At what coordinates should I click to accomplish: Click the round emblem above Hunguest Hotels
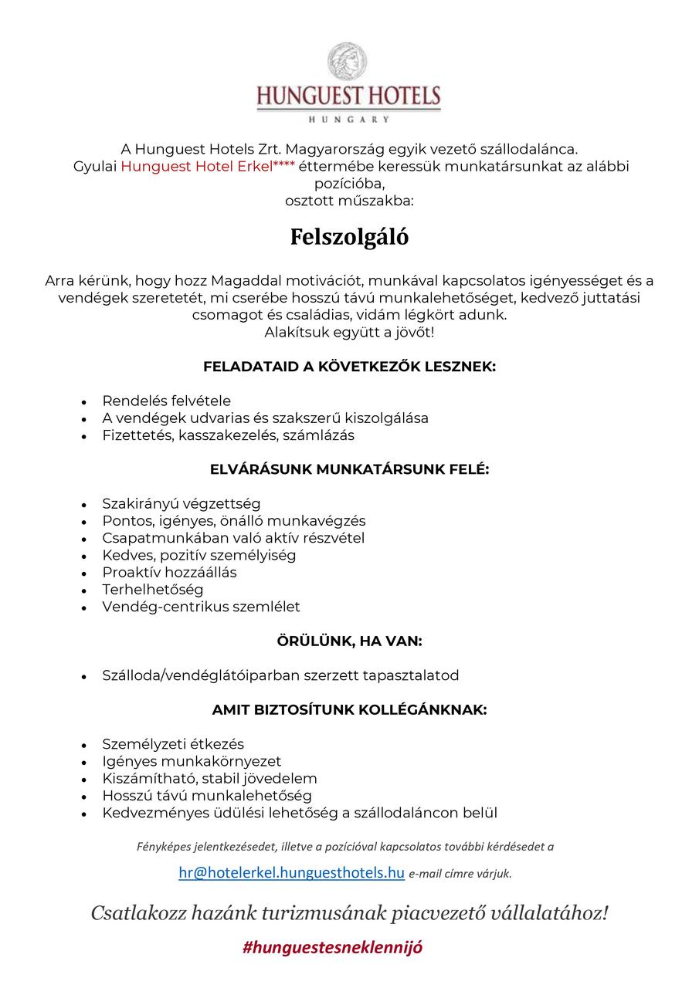(x=348, y=63)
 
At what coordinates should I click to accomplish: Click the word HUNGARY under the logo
(x=348, y=120)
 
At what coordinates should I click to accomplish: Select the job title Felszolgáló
(x=349, y=237)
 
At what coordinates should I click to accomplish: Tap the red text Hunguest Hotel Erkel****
(x=208, y=167)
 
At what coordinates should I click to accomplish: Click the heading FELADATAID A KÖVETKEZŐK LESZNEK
(x=349, y=367)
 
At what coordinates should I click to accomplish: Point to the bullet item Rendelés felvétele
(x=166, y=401)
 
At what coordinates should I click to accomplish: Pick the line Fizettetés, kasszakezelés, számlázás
(x=228, y=435)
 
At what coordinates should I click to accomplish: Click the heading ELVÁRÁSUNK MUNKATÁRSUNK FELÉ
(x=349, y=469)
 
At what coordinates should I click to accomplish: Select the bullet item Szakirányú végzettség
(x=181, y=504)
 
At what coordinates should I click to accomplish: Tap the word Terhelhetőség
(x=153, y=590)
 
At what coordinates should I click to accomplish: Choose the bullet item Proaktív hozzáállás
(x=169, y=573)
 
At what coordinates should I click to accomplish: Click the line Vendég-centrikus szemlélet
(x=201, y=607)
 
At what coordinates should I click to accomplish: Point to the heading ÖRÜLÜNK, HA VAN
(x=349, y=641)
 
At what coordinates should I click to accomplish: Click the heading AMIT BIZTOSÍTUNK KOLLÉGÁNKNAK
(x=349, y=710)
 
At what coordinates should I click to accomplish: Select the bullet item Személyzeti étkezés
(x=173, y=744)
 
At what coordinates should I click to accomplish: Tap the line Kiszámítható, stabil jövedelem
(x=209, y=778)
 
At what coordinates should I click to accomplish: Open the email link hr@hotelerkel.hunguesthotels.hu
(x=291, y=873)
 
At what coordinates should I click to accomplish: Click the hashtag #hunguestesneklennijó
(x=332, y=947)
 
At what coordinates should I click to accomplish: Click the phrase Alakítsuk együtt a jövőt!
(x=349, y=333)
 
